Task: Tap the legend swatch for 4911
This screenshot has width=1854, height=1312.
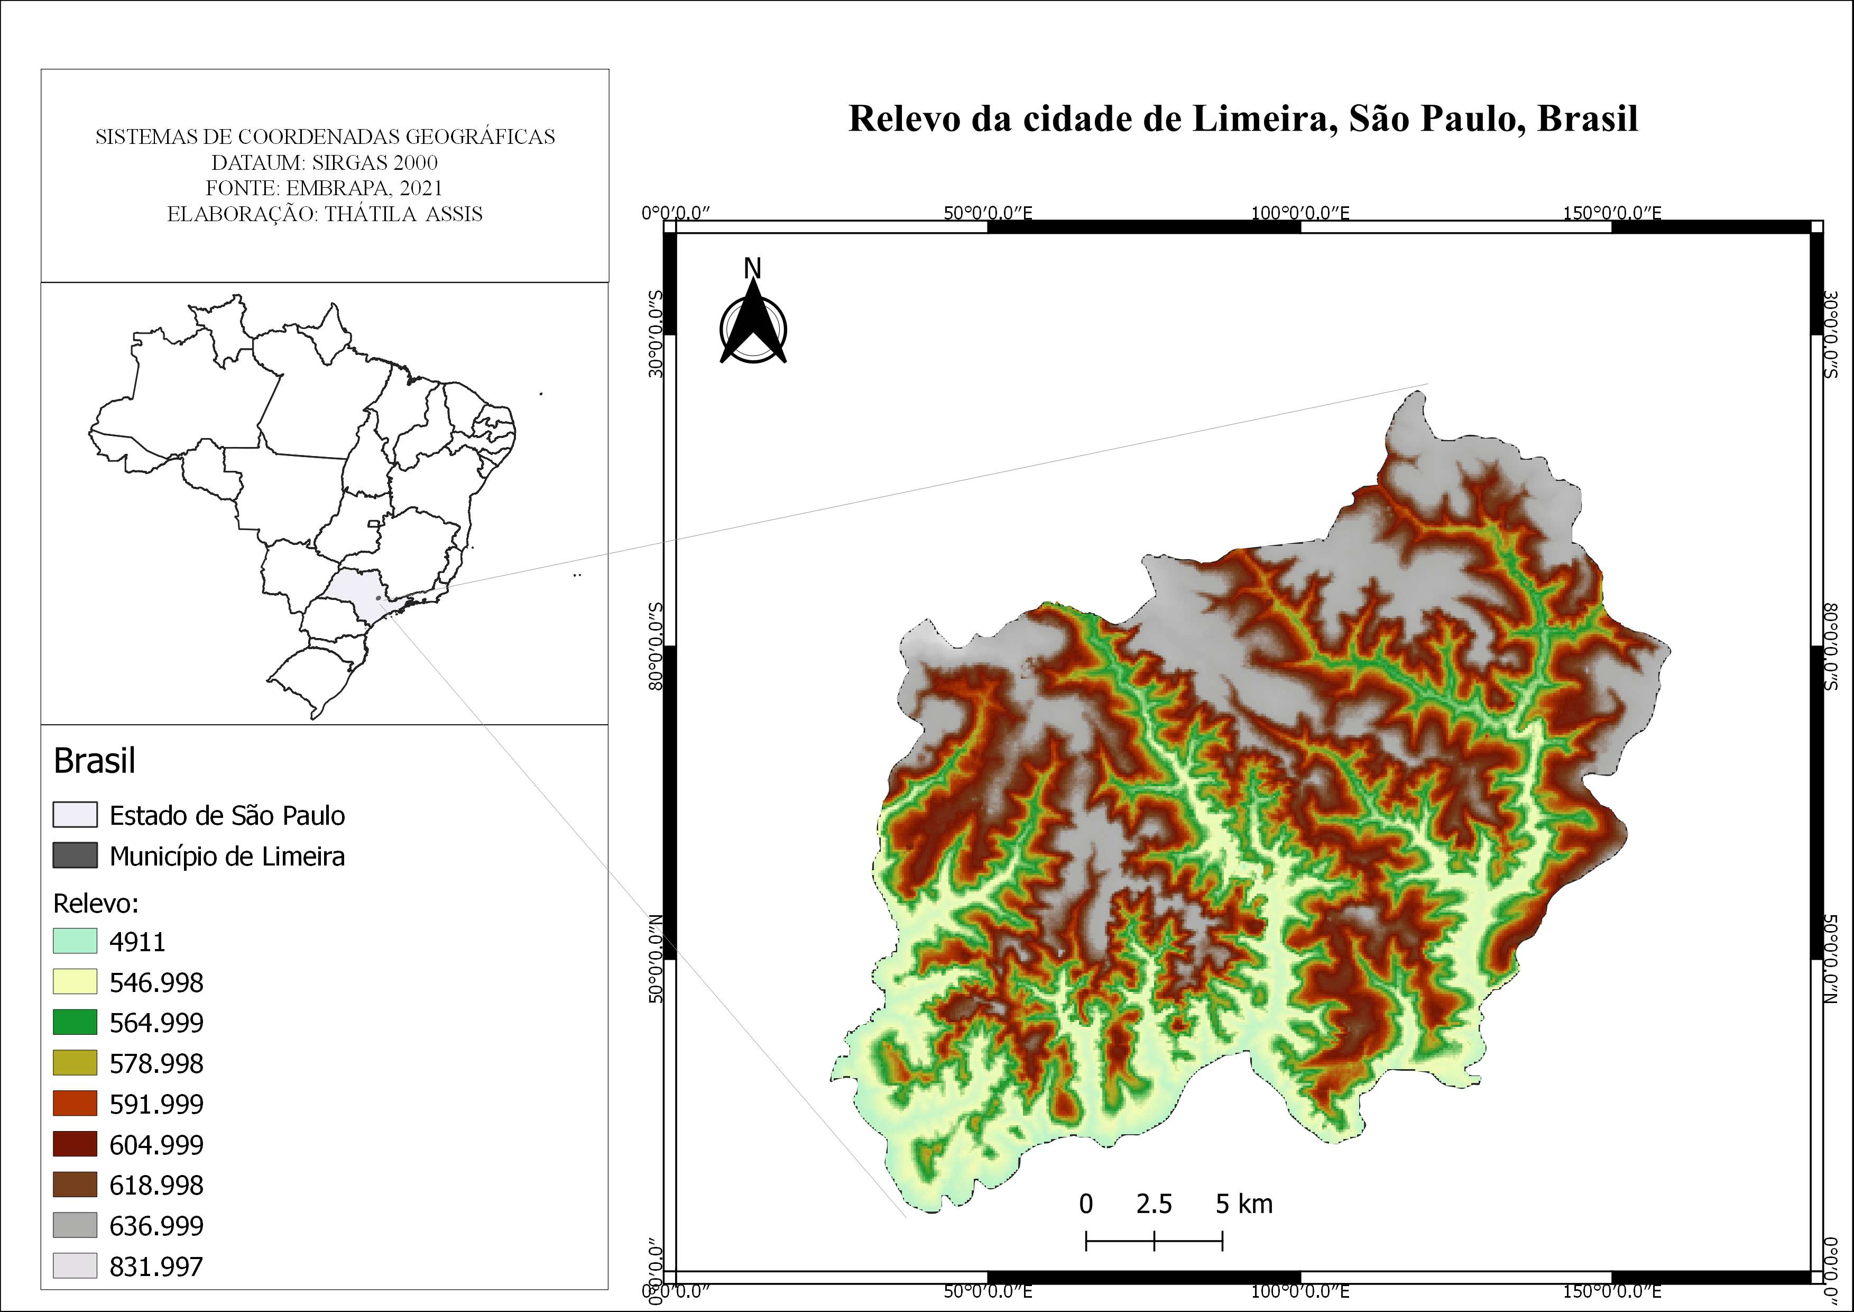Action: coord(75,941)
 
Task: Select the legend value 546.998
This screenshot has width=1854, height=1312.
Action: coord(156,982)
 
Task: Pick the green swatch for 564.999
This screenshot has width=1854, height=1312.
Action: coord(75,1022)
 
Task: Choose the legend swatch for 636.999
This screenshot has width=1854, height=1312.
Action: coord(75,1225)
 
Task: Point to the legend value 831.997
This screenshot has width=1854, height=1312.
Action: coord(156,1266)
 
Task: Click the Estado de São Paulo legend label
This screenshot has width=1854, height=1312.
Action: coord(227,815)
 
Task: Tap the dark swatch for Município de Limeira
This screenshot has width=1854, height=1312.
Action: coord(75,855)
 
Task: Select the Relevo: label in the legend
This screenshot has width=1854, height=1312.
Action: coord(96,903)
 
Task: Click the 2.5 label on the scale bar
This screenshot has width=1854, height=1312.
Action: coord(1154,1204)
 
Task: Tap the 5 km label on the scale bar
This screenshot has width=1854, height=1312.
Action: coord(1243,1204)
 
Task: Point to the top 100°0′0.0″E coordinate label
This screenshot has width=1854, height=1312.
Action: coord(1300,213)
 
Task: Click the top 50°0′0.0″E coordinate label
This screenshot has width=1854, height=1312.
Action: coord(988,213)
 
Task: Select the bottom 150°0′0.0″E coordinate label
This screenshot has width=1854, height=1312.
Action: coord(1612,1291)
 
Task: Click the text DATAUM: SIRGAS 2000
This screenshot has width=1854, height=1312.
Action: coord(325,162)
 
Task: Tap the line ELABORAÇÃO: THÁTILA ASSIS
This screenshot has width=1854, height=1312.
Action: coord(325,214)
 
